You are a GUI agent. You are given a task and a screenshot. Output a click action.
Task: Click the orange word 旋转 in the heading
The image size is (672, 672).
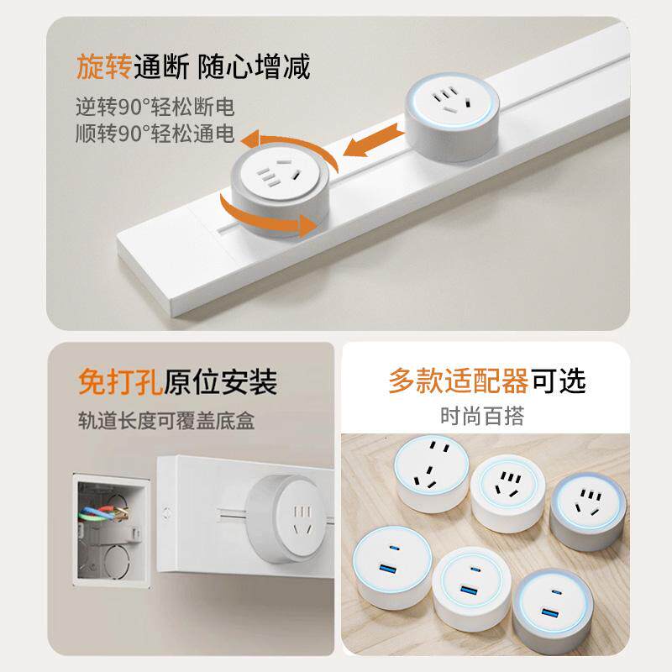click(x=102, y=66)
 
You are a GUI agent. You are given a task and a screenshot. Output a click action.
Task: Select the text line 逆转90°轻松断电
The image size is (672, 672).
click(x=155, y=108)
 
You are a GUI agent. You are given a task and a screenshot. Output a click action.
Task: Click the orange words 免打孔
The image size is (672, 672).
click(x=115, y=382)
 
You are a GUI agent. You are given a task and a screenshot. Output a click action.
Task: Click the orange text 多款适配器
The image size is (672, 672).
click(x=458, y=381)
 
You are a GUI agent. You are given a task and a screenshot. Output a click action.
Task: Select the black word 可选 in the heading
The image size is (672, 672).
click(x=558, y=381)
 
